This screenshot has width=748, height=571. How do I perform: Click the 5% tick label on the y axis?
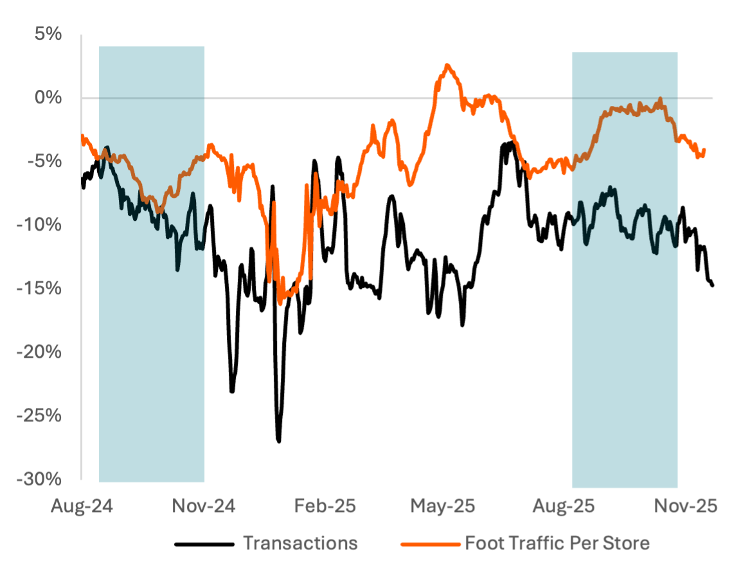[49, 34]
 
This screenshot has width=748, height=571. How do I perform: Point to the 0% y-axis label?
[49, 98]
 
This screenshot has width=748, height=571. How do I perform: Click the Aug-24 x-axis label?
[82, 506]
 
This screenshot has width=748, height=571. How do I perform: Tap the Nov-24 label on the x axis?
[204, 506]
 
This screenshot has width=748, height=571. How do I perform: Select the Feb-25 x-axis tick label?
[325, 506]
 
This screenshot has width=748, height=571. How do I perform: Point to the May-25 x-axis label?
[443, 506]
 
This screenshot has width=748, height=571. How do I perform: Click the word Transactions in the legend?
[300, 543]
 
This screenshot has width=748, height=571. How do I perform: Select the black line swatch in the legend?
[204, 544]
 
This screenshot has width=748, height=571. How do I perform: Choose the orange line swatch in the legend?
[430, 544]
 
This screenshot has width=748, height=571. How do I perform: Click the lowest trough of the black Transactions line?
[279, 441]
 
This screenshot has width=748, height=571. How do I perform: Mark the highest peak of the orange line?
[447, 65]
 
